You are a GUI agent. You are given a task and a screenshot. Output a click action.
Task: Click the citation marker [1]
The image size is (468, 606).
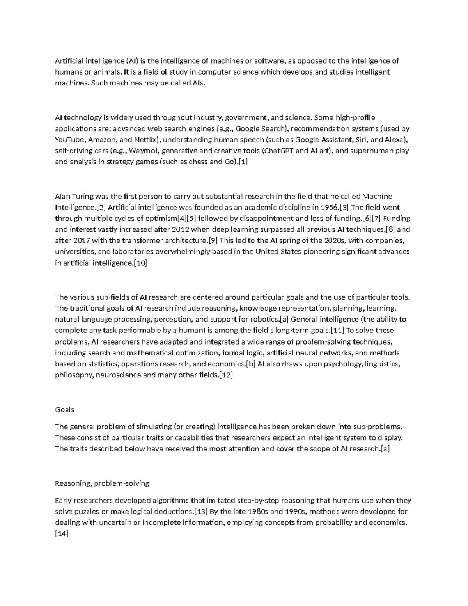pos(243,162)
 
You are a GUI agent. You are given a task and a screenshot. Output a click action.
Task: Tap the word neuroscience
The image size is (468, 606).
pos(119,375)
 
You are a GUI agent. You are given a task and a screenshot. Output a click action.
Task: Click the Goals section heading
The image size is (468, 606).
pos(64,410)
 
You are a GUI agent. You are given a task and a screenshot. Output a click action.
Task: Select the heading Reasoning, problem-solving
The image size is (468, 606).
pos(102,483)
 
